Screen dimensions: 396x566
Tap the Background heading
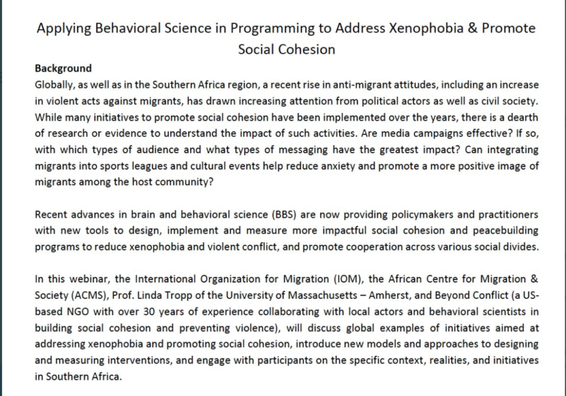[x=63, y=68]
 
